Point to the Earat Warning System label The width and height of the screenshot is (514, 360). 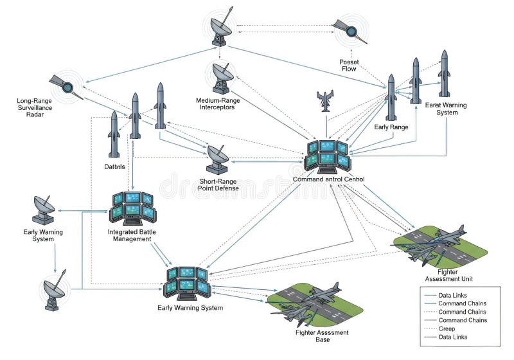(x=443, y=108)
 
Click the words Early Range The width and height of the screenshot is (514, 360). (x=391, y=127)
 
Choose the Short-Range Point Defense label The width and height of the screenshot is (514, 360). (x=218, y=184)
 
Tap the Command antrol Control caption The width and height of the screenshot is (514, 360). (x=328, y=179)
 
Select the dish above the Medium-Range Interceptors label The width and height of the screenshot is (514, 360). (x=222, y=76)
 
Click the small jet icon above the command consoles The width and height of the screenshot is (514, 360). (x=325, y=101)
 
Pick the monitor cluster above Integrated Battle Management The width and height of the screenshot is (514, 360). (x=132, y=206)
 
